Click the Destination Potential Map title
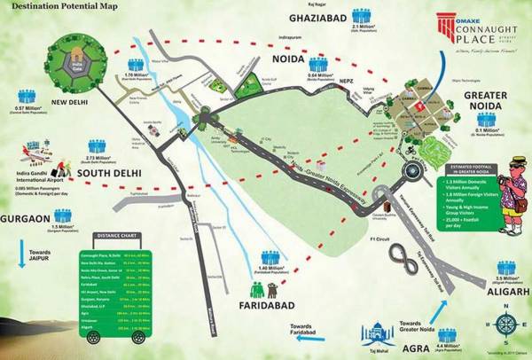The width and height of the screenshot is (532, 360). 61,7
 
